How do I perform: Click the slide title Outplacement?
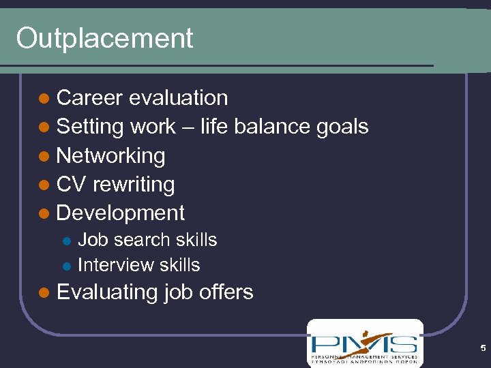tap(104, 38)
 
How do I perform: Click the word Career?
tap(89, 98)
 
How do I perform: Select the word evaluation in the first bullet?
tap(178, 98)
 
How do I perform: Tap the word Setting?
tap(90, 127)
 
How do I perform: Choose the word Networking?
tap(110, 156)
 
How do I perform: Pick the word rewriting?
tap(134, 185)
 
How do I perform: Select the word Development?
tap(120, 213)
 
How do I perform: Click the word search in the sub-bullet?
tap(141, 240)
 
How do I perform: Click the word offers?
tap(226, 292)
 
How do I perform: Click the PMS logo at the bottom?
tap(364, 343)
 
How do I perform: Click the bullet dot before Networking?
tap(44, 157)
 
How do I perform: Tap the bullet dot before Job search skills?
tap(66, 241)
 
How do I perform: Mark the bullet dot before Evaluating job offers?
tap(44, 293)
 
